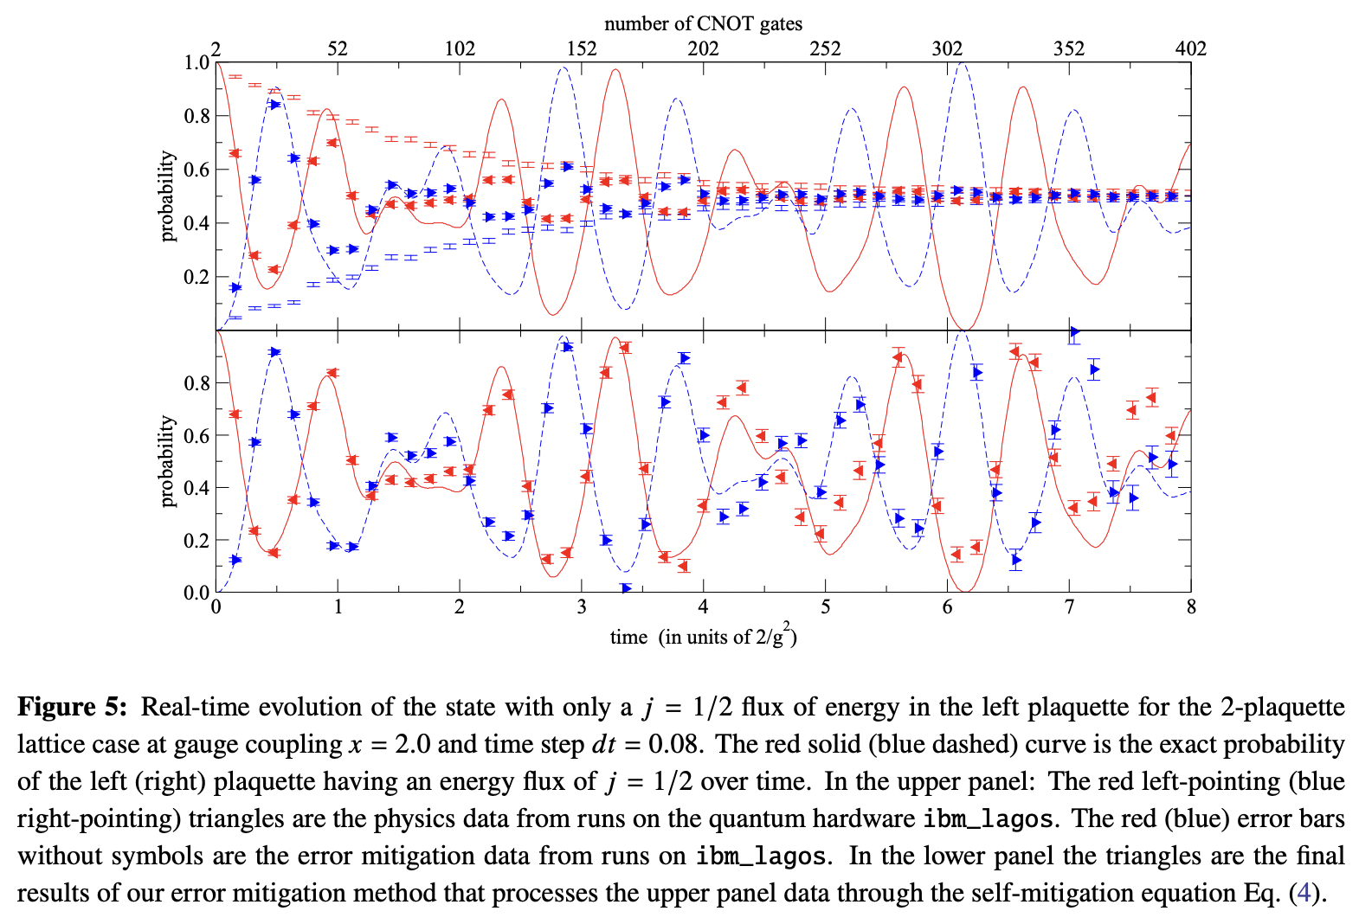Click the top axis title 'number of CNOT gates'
pos(703,23)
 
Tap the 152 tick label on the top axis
pos(581,48)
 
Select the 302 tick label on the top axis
pos(946,48)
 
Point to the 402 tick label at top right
pos(1190,48)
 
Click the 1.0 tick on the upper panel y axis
pos(196,62)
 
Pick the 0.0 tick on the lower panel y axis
pos(196,593)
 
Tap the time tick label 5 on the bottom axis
pos(825,607)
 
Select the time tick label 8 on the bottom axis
pos(1191,607)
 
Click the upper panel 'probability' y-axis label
pos(167,196)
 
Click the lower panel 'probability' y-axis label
pos(167,460)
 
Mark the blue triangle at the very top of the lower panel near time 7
pos(1074,331)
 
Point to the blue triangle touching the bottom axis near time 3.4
pos(625,588)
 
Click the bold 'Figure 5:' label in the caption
pos(73,707)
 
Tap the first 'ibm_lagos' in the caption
pos(988,818)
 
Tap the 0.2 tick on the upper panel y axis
pos(196,277)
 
